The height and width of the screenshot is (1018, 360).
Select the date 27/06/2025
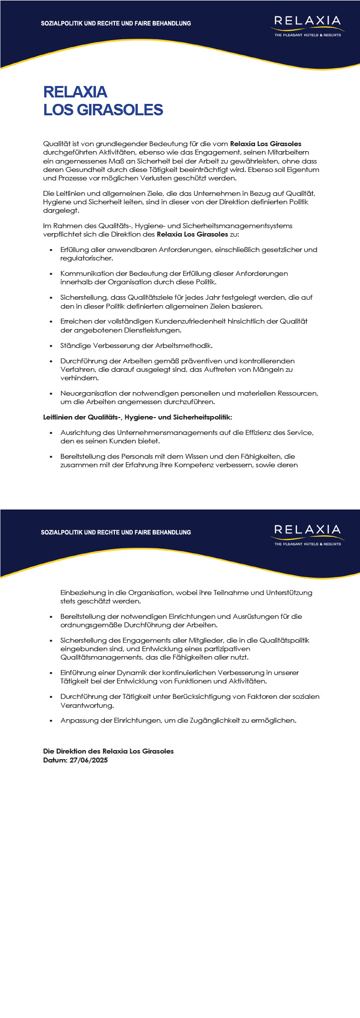point(89,760)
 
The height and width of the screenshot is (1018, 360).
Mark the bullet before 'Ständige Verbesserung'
point(51,345)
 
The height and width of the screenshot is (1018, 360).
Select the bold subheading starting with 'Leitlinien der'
point(138,417)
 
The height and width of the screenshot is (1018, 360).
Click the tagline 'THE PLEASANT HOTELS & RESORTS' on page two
point(308,544)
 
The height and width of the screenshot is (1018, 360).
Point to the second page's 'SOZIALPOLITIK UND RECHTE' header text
point(116,532)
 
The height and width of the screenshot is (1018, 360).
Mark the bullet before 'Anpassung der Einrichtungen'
point(51,720)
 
